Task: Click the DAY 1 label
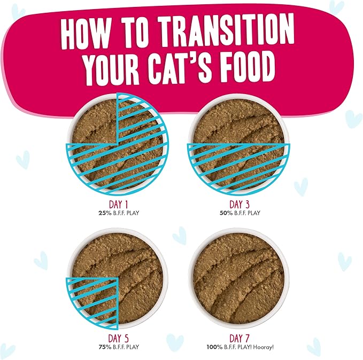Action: (118, 205)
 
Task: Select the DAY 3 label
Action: (240, 205)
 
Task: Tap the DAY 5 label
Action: (118, 339)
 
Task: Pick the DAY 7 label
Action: (240, 339)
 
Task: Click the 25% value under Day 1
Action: (105, 213)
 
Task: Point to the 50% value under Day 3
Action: (226, 213)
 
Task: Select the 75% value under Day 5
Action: (105, 347)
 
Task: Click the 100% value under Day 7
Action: (214, 347)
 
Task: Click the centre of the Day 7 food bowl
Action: (238, 278)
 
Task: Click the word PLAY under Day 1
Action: (133, 213)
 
